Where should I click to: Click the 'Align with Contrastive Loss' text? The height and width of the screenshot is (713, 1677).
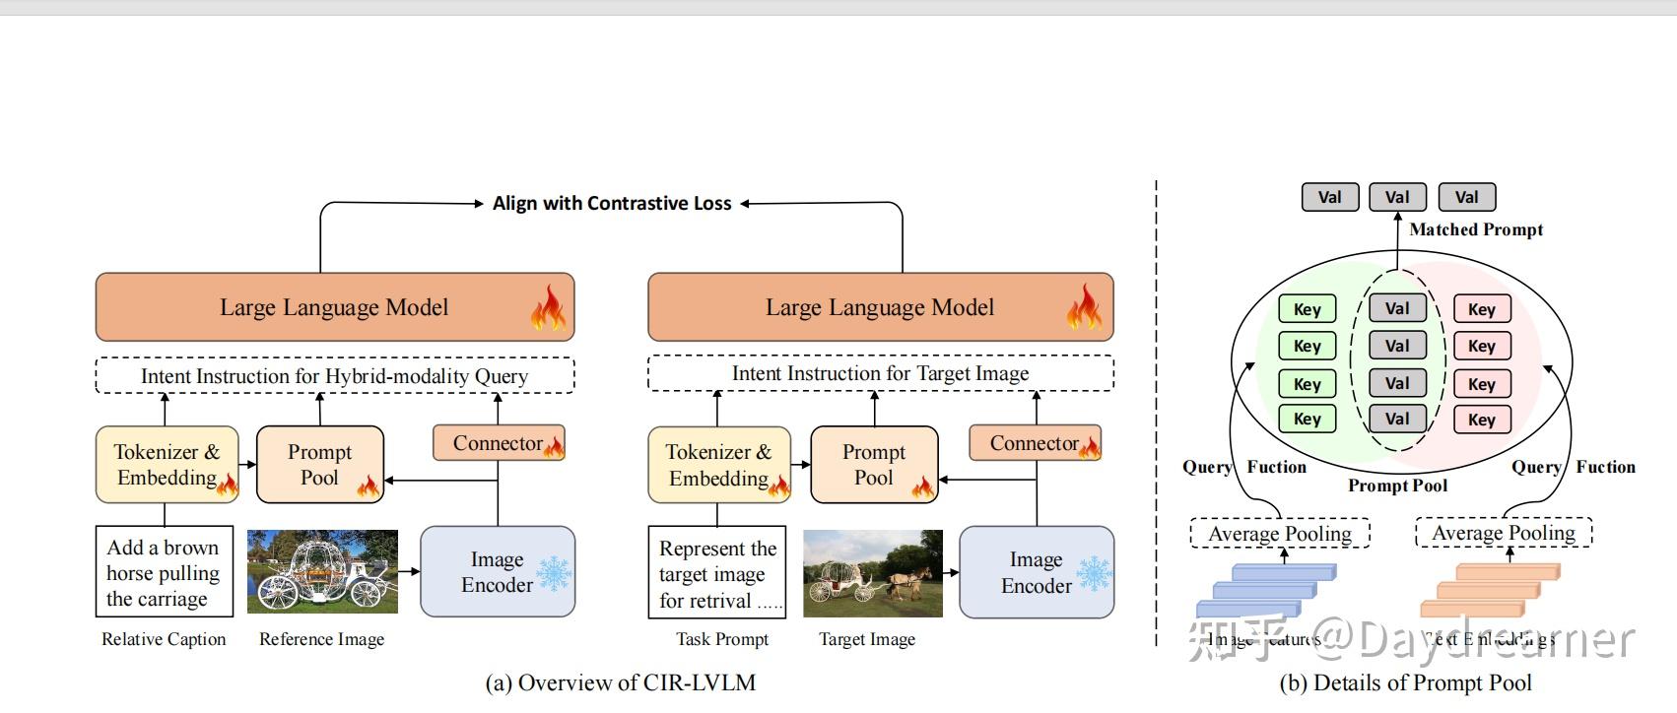tap(612, 204)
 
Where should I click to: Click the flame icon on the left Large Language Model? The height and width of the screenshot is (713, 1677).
tap(548, 307)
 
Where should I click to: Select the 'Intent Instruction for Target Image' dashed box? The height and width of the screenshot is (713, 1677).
tap(880, 373)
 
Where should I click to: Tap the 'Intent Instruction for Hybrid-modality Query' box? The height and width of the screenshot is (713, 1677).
tap(334, 376)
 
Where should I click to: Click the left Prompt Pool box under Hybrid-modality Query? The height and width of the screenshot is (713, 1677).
tap(319, 464)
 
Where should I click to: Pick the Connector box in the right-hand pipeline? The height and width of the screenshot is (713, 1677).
tap(1034, 443)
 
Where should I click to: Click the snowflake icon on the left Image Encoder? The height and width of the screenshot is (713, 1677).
tap(553, 573)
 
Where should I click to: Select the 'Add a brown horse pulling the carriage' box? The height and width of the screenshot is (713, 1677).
tap(164, 572)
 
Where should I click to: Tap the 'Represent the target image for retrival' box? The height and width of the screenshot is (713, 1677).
tap(716, 574)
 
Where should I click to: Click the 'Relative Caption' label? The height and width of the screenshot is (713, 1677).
tap(164, 639)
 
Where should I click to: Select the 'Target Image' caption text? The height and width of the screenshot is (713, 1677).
tap(867, 639)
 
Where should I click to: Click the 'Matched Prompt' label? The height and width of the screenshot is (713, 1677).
tap(1475, 229)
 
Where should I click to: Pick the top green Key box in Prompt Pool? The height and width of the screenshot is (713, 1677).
tap(1307, 309)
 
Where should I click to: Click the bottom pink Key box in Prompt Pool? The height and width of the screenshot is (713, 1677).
tap(1481, 420)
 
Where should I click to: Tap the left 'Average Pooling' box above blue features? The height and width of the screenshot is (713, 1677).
tap(1279, 534)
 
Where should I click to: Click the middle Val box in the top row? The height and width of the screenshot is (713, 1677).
tap(1397, 197)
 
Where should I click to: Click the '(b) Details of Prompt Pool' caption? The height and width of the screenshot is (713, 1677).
tap(1405, 682)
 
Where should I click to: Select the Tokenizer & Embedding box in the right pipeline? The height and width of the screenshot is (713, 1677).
tap(718, 465)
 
